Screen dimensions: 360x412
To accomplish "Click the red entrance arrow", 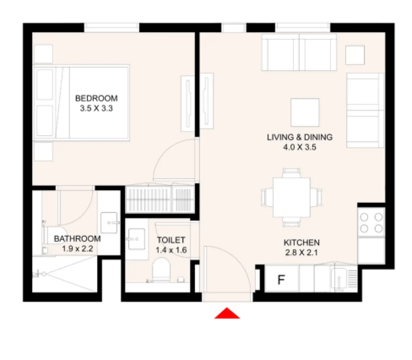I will [x=227, y=314].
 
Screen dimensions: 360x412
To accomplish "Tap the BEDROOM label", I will [x=96, y=98].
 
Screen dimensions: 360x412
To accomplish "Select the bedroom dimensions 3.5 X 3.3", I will [x=96, y=108].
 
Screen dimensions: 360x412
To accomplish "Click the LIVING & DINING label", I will [x=300, y=137].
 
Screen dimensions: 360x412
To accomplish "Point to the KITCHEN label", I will [x=301, y=243].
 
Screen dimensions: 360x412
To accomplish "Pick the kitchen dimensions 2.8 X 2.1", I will [x=301, y=252].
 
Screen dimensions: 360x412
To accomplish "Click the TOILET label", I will [x=171, y=240].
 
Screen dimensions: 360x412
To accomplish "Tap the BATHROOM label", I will [x=77, y=239].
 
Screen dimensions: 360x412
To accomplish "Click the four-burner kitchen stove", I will [x=371, y=223].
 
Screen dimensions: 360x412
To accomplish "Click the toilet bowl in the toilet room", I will [x=161, y=270].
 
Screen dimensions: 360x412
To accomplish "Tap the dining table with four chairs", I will [x=291, y=197].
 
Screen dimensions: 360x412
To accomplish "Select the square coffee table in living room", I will [x=305, y=112].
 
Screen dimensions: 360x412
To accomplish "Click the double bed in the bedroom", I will [x=82, y=102].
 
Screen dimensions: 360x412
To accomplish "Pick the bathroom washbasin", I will [x=109, y=223].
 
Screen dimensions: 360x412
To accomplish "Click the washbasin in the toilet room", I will [x=136, y=239].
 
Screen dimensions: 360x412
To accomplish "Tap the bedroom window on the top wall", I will [x=112, y=27].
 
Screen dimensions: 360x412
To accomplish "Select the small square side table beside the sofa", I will [x=355, y=55].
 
